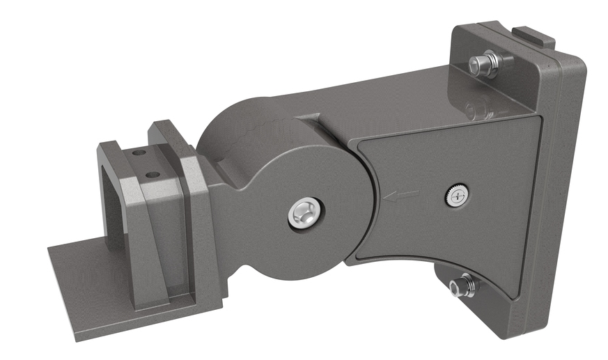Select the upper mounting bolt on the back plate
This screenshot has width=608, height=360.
483,64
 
